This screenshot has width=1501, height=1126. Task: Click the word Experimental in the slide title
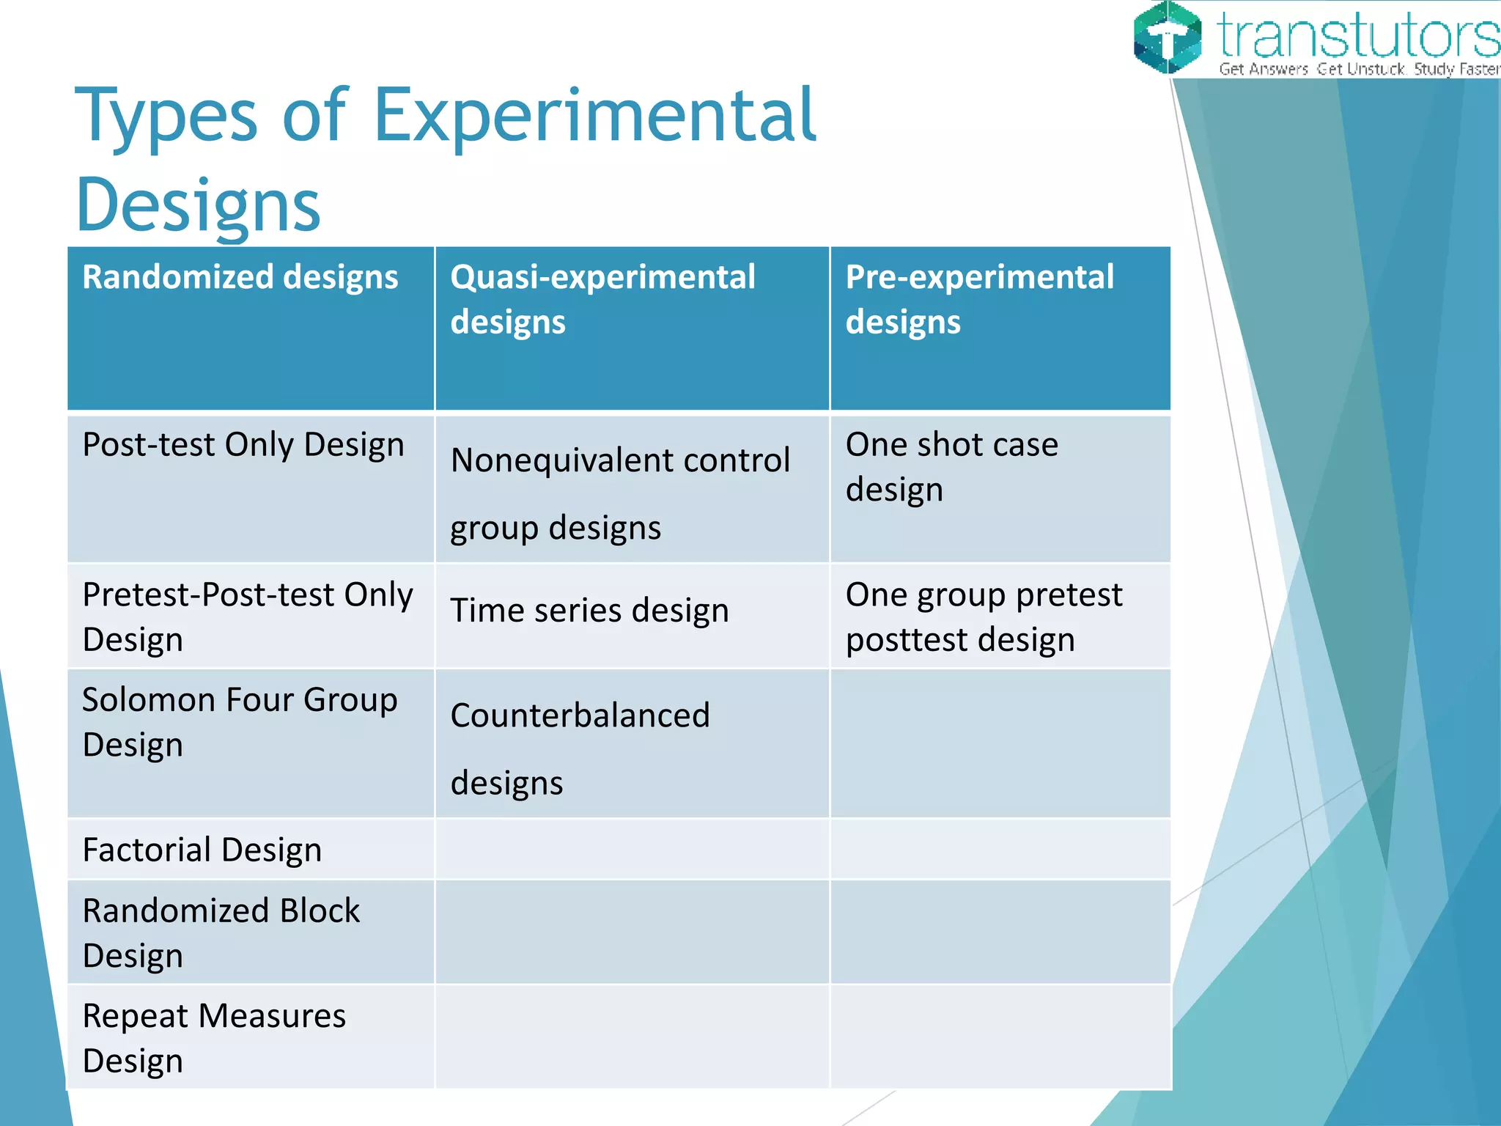coord(595,116)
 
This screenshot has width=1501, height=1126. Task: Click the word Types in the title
coord(166,116)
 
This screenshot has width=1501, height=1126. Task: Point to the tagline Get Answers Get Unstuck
coord(1312,70)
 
